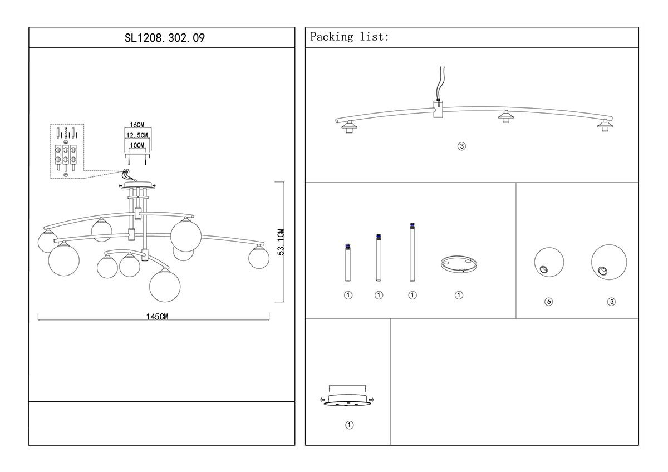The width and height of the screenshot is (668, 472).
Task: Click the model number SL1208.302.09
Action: coord(161,38)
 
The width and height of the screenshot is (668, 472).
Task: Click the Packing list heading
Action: coord(350,37)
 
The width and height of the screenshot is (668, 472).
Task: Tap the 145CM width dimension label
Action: coord(157,317)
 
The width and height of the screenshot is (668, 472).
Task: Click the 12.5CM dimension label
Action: coord(137,136)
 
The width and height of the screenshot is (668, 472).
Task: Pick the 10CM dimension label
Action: coord(137,145)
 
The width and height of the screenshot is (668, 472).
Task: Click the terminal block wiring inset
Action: coord(66,151)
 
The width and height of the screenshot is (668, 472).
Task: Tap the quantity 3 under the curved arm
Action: coord(461,146)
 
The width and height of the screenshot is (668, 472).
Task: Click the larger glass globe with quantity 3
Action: coord(608,262)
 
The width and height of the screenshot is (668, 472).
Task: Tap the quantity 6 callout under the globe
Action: coord(549,302)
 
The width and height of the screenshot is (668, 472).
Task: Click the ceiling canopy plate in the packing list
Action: coord(347,400)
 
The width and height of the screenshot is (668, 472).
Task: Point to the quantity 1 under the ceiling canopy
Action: coord(349,425)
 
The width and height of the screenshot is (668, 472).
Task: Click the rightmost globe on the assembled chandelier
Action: coord(258,257)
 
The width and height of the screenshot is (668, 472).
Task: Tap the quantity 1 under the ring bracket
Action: coord(459,295)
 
